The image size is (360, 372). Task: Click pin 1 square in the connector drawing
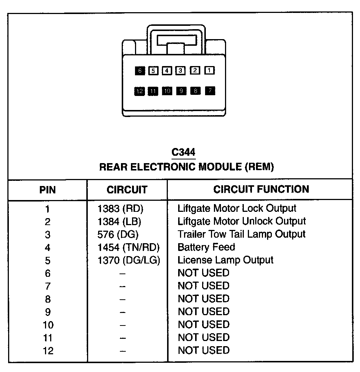209,70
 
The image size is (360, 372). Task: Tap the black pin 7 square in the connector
210,91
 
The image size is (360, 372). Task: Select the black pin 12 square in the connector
139,91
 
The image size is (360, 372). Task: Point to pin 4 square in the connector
167,70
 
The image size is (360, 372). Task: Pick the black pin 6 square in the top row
139,70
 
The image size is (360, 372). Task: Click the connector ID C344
183,152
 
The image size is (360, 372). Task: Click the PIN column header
48,190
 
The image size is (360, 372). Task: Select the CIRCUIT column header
127,190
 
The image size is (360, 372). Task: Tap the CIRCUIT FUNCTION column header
261,189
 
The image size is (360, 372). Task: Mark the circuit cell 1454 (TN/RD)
128,247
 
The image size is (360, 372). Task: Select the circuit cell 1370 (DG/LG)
129,260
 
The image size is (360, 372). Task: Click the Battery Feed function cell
206,247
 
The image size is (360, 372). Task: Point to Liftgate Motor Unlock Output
242,221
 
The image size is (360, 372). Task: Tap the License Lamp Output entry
225,260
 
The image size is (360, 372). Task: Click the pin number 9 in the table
48,312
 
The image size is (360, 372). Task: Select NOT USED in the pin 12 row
203,350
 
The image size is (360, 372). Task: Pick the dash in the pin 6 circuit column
123,273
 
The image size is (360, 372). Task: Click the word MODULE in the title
220,167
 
